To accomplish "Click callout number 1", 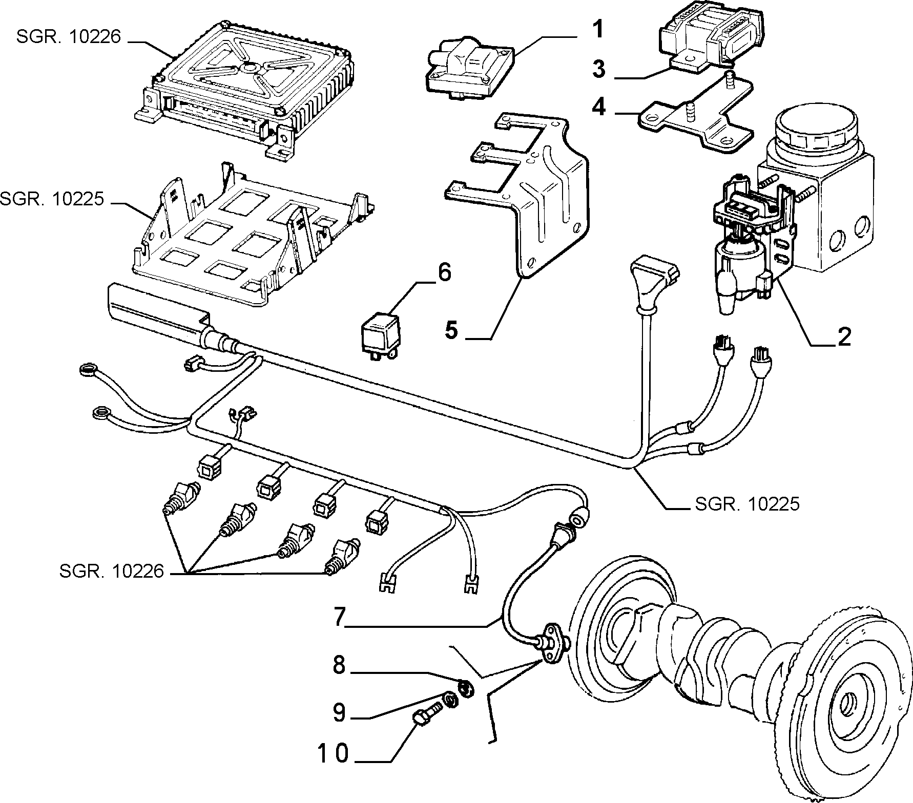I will point(597,30).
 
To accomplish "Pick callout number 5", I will point(451,330).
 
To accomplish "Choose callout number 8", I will point(339,666).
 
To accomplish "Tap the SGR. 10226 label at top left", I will point(69,37).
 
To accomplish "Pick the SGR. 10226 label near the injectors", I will point(112,571).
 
